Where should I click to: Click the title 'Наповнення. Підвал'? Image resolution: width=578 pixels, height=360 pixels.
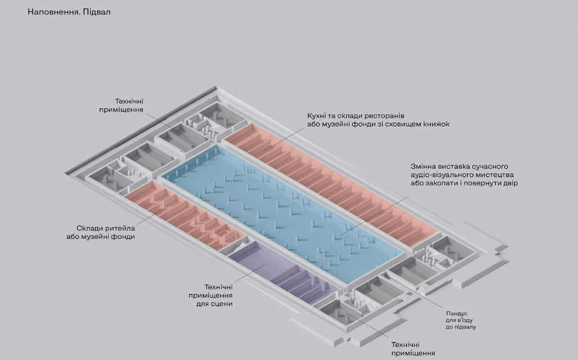(69, 12)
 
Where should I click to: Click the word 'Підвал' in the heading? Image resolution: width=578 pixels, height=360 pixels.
(96, 12)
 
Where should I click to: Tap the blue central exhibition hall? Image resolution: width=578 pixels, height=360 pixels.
(282, 213)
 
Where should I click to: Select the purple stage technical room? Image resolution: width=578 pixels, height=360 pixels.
(283, 273)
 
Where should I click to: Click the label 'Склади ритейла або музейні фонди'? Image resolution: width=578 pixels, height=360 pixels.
(101, 232)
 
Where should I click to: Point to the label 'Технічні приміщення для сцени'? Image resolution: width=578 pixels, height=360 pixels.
(210, 295)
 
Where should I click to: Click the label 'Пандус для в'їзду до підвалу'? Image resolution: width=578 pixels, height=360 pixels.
(461, 320)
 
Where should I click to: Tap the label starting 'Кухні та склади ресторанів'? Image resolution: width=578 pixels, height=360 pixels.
(378, 120)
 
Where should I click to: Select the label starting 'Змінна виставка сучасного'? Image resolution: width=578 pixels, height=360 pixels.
(464, 175)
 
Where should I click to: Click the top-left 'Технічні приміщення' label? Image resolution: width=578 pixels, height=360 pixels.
(121, 105)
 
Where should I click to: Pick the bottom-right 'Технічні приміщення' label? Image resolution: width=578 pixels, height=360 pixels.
(413, 349)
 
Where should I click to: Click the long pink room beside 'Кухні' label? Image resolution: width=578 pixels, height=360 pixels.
(331, 184)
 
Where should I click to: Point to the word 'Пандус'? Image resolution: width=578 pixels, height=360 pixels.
(457, 314)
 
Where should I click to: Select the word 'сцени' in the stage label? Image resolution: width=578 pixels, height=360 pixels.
(222, 304)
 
